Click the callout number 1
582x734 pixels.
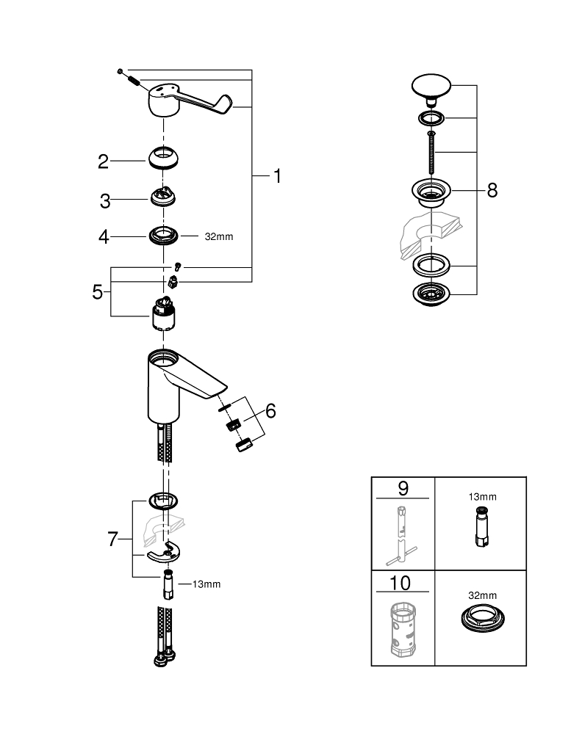(x=277, y=175)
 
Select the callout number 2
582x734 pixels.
(x=104, y=161)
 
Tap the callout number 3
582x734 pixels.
(x=105, y=200)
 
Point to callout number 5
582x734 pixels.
(x=97, y=292)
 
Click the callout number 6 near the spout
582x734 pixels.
(x=270, y=411)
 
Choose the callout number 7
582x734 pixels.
(x=112, y=539)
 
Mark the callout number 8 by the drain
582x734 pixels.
(x=492, y=191)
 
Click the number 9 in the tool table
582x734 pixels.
(x=403, y=488)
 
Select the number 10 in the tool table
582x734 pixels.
(x=403, y=584)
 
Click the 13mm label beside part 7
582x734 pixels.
(x=206, y=584)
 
